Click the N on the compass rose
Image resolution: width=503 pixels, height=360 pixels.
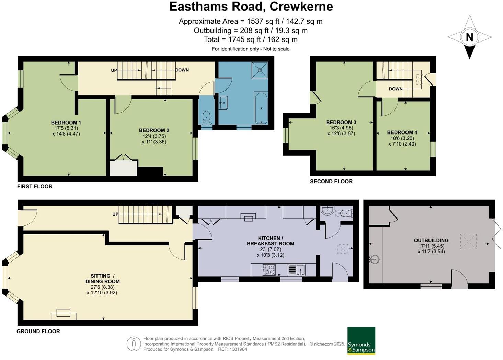tap(469, 37)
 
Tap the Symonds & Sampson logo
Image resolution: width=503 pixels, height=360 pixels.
tap(361, 340)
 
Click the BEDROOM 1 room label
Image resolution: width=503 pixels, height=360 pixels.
tap(66, 123)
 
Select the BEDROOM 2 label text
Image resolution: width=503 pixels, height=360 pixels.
tap(154, 130)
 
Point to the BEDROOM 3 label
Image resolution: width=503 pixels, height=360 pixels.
tap(341, 123)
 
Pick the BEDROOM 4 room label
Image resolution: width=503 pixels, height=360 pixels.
tap(402, 132)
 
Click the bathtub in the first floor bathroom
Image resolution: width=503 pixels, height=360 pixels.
tap(261, 108)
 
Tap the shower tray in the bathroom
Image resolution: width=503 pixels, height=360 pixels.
tap(260, 70)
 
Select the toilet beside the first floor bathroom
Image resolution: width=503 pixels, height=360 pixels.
tap(206, 117)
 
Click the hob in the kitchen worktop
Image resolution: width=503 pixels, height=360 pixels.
tap(269, 270)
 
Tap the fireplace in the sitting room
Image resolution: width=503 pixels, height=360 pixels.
tap(64, 314)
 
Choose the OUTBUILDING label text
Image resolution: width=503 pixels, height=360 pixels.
tap(431, 241)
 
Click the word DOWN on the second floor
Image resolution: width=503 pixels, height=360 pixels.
tap(396, 89)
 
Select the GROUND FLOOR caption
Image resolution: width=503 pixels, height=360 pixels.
tap(38, 331)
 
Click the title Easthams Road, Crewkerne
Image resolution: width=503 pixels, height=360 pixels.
tap(251, 7)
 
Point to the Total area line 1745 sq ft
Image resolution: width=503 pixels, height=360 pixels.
tap(251, 39)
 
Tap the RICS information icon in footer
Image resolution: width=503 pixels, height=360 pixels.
tap(133, 344)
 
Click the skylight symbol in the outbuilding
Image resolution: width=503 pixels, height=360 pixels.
tap(468, 241)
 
